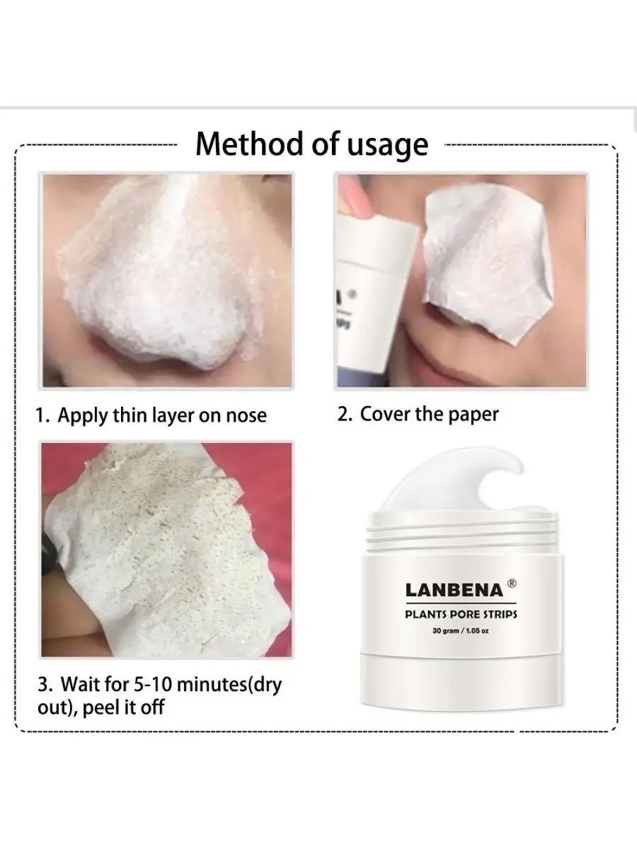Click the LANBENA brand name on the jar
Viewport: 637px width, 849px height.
pyautogui.click(x=454, y=590)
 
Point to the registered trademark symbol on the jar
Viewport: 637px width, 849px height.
pyautogui.click(x=511, y=582)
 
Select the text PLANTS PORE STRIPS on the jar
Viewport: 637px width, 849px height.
pyautogui.click(x=461, y=615)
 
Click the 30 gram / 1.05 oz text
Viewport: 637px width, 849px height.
pyautogui.click(x=461, y=631)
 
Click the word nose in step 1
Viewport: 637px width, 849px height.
pyautogui.click(x=246, y=416)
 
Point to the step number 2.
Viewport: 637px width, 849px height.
pyautogui.click(x=343, y=415)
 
